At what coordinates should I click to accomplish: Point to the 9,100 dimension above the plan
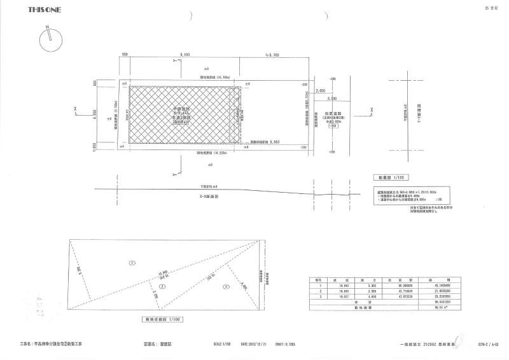(185, 55)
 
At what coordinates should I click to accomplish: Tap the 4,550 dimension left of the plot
(95, 117)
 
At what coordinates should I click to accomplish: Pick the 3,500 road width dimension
(331, 99)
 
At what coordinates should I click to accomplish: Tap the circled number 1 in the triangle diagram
(132, 262)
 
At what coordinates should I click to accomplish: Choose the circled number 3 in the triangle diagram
(225, 287)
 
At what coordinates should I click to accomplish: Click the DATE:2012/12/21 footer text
(255, 343)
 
